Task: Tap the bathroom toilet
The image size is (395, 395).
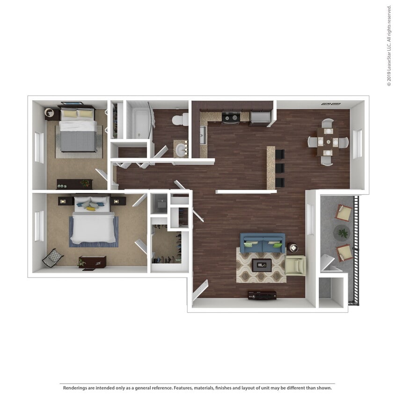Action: point(179,120)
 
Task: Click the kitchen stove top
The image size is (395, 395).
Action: point(230,117)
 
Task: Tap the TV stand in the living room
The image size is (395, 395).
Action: point(262,295)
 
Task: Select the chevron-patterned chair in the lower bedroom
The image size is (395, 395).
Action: point(53,258)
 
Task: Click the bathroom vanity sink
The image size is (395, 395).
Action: point(180,149)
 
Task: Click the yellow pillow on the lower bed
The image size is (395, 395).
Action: point(90,208)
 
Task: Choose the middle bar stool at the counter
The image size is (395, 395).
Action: point(279,168)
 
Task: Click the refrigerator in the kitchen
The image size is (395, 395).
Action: point(260,118)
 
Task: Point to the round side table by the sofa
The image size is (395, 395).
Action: point(293,248)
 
